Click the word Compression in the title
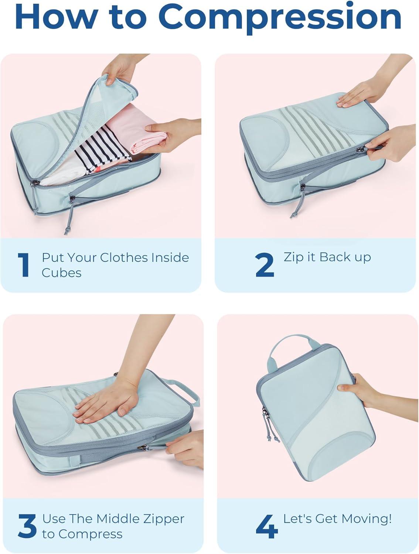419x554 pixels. click(x=280, y=18)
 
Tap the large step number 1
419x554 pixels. click(x=24, y=265)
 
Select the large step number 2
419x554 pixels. click(x=265, y=265)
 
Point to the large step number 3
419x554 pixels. click(x=27, y=526)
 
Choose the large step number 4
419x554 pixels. click(x=267, y=526)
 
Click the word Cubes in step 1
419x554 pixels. click(x=62, y=273)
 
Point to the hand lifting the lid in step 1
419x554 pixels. click(x=121, y=69)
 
